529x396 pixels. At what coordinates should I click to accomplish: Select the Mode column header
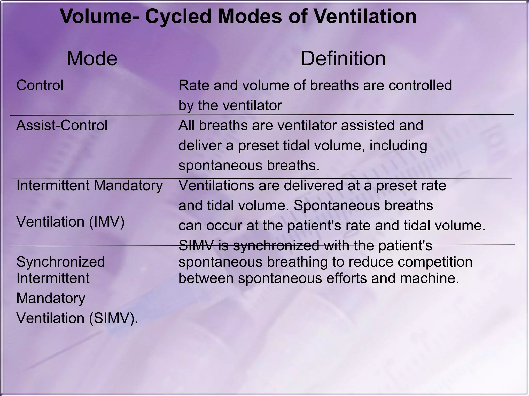tap(92, 59)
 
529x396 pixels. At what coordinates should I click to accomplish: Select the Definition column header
tap(343, 59)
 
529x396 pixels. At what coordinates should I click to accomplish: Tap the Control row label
tap(40, 85)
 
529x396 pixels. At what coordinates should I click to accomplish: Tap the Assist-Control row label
tap(62, 126)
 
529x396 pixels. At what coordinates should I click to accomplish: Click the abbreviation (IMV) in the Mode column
tap(107, 222)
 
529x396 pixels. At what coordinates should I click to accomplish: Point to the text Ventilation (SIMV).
tap(77, 318)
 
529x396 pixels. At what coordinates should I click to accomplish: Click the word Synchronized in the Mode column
tap(60, 262)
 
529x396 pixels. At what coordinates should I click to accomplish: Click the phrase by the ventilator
tap(230, 105)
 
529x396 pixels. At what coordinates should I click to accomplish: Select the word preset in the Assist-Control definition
tap(259, 146)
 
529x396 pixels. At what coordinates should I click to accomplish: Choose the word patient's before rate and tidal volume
tap(316, 226)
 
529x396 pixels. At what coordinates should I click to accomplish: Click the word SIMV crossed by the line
tap(196, 245)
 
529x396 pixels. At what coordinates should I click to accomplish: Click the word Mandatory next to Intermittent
tap(128, 186)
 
